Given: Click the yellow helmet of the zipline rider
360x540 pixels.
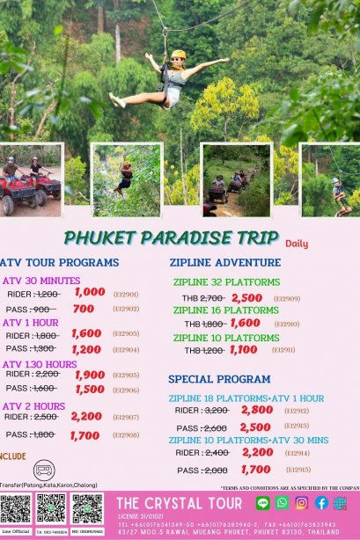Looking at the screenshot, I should tap(179, 55).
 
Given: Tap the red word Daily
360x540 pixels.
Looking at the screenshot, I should tap(296, 244).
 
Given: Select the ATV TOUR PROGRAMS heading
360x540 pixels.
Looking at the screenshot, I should tap(59, 262).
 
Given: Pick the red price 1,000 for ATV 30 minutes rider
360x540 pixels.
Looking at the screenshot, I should tap(89, 292).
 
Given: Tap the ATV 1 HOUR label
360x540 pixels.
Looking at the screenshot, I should tap(33, 322).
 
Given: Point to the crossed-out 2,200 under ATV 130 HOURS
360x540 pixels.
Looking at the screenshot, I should tap(47, 374).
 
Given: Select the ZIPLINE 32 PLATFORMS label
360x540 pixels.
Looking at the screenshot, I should tap(226, 282).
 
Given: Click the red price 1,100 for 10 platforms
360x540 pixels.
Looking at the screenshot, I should tap(243, 350).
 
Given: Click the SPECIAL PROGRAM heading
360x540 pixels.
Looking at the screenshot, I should tap(219, 379).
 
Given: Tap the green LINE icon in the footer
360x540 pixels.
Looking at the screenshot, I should tap(262, 503).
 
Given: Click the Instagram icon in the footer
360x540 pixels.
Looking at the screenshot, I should tap(301, 503).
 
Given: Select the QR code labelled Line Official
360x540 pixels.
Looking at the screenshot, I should tap(15, 507).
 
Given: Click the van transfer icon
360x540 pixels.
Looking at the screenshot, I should tap(43, 470).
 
